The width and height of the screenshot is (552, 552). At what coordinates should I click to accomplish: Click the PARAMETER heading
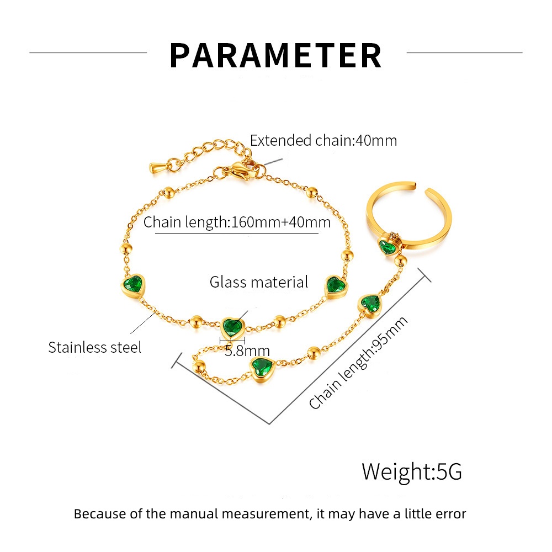click(275, 55)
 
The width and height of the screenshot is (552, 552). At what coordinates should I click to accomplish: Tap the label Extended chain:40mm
click(323, 140)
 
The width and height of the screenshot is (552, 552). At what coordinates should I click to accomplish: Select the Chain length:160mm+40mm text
click(237, 222)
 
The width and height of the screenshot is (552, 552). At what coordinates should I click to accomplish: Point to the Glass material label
click(259, 282)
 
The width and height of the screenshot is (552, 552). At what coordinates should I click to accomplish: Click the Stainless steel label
click(94, 347)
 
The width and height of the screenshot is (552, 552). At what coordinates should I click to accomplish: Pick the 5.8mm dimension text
click(247, 351)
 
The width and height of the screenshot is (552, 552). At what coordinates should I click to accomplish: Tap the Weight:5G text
click(412, 472)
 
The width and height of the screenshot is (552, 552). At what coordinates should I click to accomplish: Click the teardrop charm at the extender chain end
click(157, 165)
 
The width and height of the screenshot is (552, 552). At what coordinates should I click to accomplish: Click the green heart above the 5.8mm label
click(233, 327)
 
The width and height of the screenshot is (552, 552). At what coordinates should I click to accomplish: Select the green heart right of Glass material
click(334, 285)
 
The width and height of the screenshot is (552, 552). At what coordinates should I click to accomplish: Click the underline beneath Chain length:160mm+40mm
click(237, 234)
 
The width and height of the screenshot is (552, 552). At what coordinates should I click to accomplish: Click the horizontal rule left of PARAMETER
click(88, 53)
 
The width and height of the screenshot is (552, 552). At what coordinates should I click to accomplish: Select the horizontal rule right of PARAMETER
click(464, 53)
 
